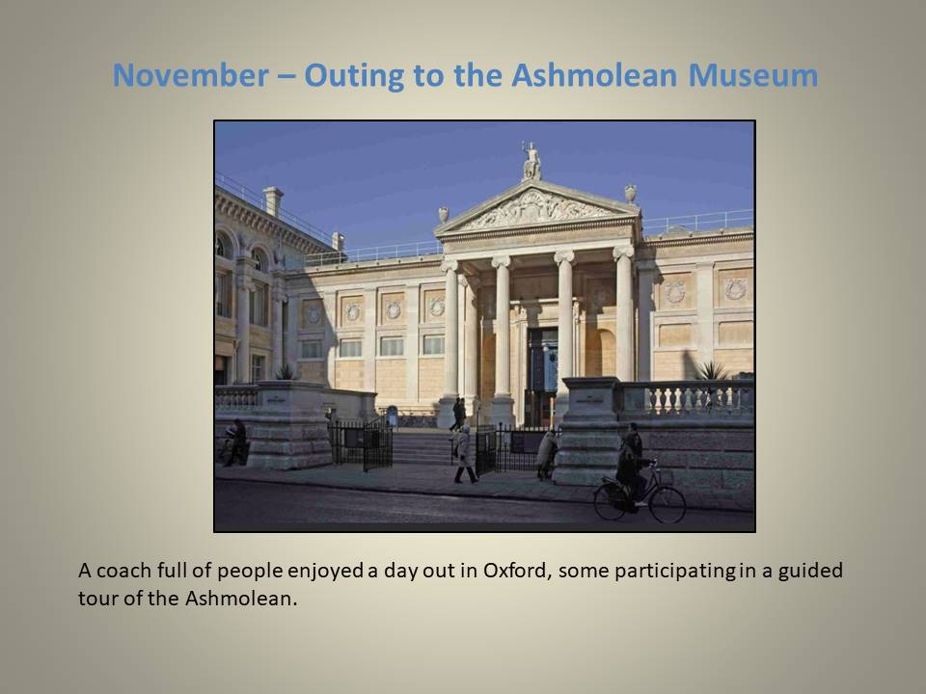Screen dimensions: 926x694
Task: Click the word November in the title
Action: point(191,75)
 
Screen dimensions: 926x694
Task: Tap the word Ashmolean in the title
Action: point(593,75)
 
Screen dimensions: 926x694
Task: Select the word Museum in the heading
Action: point(753,75)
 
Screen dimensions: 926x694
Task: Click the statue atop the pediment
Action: point(532,161)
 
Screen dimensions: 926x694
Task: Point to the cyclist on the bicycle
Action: point(631,467)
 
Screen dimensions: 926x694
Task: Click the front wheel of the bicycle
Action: point(667,504)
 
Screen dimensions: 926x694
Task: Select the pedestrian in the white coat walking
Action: point(465,454)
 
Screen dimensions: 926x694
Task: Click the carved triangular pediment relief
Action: point(535,211)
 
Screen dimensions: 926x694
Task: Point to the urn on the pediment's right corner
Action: point(631,194)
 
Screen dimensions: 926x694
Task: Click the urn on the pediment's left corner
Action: point(444,215)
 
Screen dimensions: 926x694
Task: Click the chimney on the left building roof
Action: point(273,200)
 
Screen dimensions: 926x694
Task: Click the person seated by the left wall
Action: point(236,442)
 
